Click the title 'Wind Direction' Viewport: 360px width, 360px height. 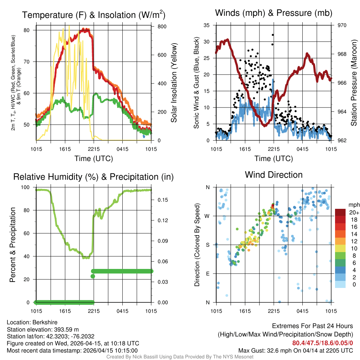(x=274, y=175)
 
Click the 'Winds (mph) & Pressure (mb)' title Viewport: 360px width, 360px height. (x=274, y=13)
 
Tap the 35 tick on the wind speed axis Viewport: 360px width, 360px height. (x=207, y=25)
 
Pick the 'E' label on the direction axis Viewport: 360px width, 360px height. (x=207, y=274)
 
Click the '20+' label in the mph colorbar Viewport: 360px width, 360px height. (x=354, y=212)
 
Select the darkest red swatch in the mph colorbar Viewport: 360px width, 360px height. (x=340, y=212)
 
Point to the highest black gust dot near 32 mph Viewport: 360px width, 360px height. (x=273, y=35)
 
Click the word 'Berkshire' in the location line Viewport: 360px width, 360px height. (x=41, y=322)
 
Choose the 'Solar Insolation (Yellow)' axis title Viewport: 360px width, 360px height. (x=174, y=83)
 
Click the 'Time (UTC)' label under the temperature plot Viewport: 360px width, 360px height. (x=94, y=159)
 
